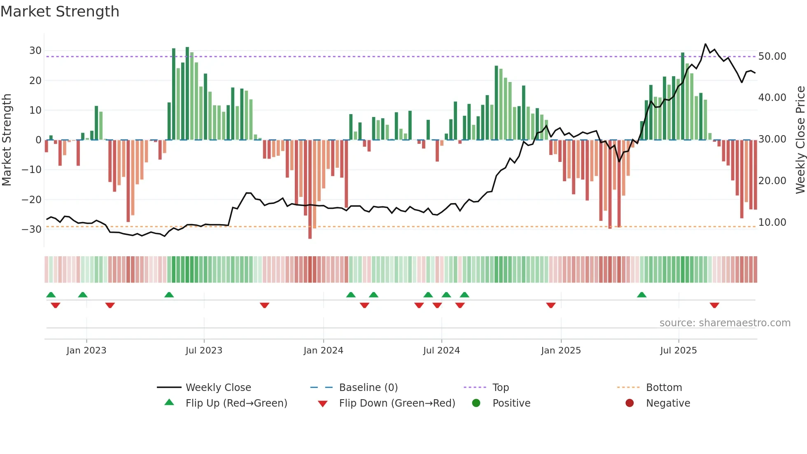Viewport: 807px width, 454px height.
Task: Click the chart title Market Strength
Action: click(x=60, y=12)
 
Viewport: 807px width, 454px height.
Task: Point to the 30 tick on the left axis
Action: click(x=35, y=51)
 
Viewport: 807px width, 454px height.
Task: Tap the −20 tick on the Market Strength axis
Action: click(x=32, y=200)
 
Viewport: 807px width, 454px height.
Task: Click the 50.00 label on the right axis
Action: click(x=772, y=56)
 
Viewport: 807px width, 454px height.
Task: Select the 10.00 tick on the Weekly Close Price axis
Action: click(x=772, y=222)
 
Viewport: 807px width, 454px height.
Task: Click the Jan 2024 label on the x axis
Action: click(x=323, y=351)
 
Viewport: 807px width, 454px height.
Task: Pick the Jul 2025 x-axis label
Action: click(x=678, y=351)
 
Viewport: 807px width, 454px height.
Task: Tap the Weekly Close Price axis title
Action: click(x=800, y=140)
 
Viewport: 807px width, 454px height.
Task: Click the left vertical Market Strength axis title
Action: click(x=7, y=140)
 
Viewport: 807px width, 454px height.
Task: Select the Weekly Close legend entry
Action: click(x=218, y=388)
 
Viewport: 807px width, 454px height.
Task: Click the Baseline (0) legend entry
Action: click(x=368, y=388)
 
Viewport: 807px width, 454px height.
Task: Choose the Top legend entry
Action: click(x=500, y=388)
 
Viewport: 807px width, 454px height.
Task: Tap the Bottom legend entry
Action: click(x=664, y=388)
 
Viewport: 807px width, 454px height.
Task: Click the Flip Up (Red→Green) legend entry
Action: click(x=236, y=403)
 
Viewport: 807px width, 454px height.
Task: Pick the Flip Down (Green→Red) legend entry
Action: click(x=397, y=403)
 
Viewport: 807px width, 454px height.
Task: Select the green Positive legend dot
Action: click(x=476, y=403)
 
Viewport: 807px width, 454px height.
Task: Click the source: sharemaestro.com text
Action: click(x=725, y=323)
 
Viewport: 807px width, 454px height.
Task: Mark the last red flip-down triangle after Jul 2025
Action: click(x=714, y=305)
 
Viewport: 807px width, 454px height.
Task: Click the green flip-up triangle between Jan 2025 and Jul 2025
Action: click(x=641, y=295)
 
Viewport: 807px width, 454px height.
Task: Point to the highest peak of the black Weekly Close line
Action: click(x=705, y=44)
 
